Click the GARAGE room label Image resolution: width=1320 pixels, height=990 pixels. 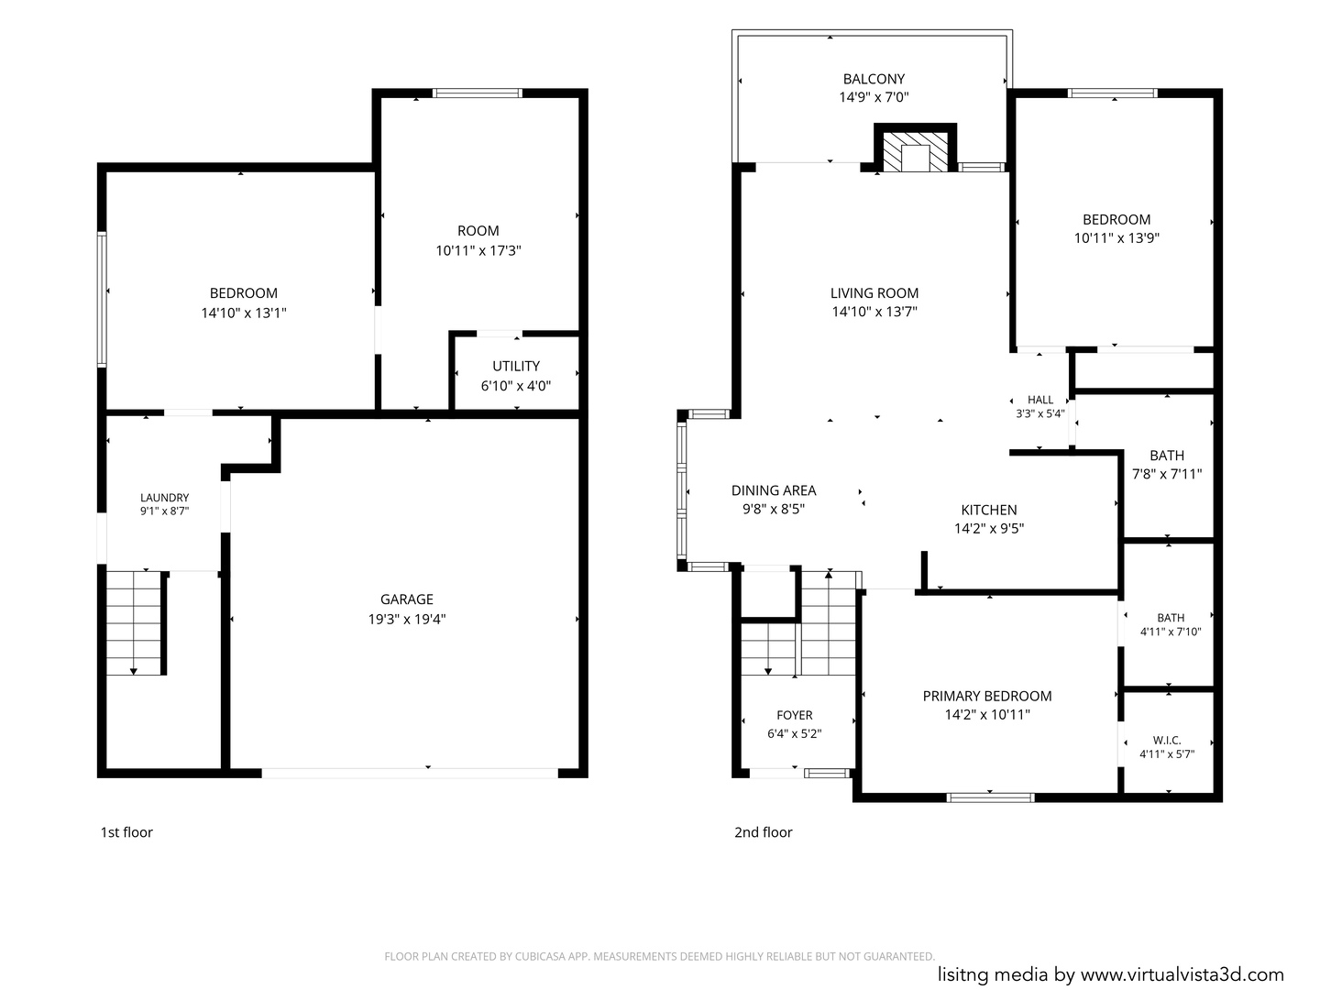click(x=406, y=599)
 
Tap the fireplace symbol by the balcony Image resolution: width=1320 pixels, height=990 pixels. click(x=915, y=148)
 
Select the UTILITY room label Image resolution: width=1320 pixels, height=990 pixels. click(x=516, y=366)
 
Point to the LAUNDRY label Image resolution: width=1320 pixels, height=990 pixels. click(x=164, y=498)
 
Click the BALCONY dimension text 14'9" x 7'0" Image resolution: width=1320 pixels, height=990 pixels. click(x=874, y=97)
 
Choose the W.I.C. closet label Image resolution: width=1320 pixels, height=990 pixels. click(x=1167, y=741)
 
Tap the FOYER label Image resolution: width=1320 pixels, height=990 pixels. click(x=795, y=715)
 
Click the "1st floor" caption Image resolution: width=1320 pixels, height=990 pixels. click(x=126, y=832)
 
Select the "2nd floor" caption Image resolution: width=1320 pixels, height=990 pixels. click(x=764, y=832)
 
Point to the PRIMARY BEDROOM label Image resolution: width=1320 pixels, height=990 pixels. click(x=987, y=696)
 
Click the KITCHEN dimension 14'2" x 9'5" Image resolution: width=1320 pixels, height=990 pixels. click(x=989, y=528)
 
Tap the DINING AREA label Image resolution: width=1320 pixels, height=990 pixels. click(x=774, y=490)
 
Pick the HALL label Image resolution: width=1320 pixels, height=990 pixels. click(x=1039, y=400)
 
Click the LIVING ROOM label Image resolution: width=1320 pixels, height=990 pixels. click(x=874, y=293)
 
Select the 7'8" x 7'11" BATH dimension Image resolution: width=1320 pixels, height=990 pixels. click(x=1167, y=474)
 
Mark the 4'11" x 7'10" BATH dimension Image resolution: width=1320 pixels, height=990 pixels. click(x=1171, y=632)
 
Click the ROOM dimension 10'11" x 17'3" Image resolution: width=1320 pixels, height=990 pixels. click(x=478, y=250)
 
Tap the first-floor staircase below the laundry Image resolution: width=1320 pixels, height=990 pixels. click(x=134, y=622)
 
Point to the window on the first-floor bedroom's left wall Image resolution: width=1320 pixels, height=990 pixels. click(x=103, y=299)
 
